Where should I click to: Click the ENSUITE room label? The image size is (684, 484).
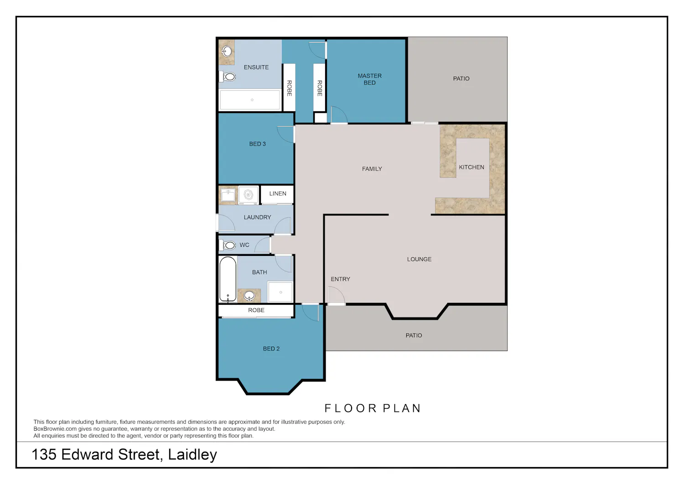[x=256, y=67]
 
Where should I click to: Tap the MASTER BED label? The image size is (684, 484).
[x=369, y=79]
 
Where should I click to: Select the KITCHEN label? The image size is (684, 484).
[x=472, y=167]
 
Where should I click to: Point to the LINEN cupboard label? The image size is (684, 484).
[x=278, y=193]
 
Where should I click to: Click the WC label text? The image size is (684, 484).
[x=244, y=245]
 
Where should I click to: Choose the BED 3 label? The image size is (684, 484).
[x=258, y=144]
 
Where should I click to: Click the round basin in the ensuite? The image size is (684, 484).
[x=227, y=51]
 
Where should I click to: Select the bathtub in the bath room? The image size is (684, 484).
[x=228, y=280]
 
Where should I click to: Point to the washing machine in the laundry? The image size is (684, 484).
[x=248, y=195]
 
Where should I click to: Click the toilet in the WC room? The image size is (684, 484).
[x=228, y=245]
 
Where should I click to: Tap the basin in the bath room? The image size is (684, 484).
[x=249, y=296]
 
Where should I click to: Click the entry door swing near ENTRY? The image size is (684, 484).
[x=337, y=296]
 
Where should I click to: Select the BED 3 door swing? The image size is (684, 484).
[x=285, y=135]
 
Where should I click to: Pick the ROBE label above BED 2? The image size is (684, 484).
[x=256, y=310]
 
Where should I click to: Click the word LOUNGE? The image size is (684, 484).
[x=419, y=259]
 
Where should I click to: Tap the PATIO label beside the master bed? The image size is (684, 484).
[x=461, y=78]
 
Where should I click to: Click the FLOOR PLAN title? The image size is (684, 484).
[x=373, y=408]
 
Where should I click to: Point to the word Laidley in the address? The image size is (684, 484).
[x=192, y=454]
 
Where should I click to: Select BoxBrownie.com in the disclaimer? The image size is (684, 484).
[x=55, y=429]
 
